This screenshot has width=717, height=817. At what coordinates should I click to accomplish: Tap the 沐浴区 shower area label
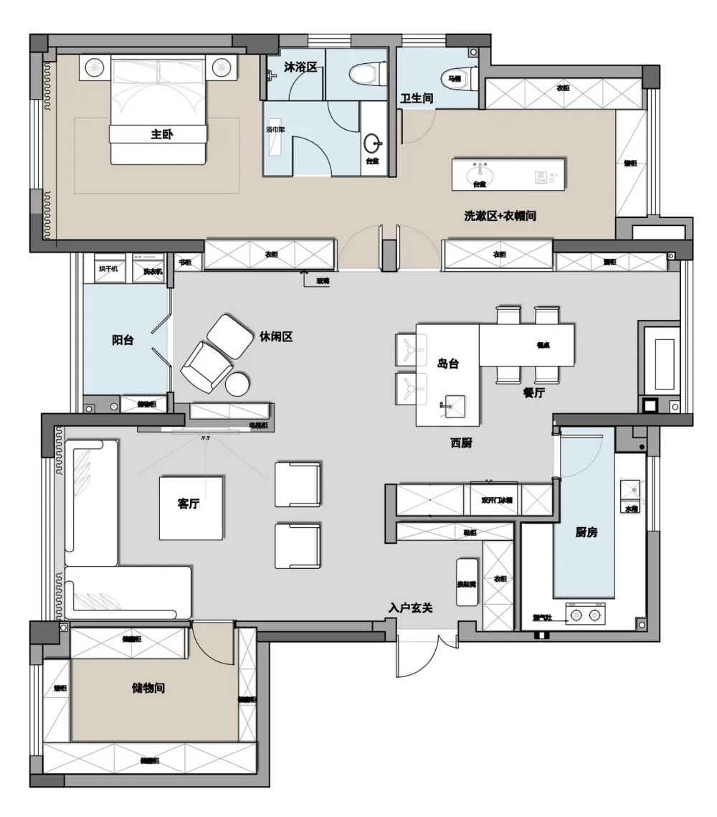pos(300,67)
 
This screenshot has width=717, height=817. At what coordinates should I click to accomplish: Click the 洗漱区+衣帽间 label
pos(500,215)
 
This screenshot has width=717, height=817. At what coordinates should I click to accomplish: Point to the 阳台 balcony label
pos(123,341)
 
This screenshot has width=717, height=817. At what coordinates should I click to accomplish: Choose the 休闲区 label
pos(276,336)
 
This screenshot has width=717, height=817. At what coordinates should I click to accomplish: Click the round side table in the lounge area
pos(237,385)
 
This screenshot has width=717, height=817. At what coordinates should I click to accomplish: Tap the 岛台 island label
pos(447,364)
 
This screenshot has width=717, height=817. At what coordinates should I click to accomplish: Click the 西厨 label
pos(461,443)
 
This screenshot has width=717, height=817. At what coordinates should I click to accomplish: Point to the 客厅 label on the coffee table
pos(188,504)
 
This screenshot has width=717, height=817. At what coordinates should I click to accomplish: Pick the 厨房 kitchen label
pos(586,532)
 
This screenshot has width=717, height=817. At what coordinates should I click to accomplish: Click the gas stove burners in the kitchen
pos(585,614)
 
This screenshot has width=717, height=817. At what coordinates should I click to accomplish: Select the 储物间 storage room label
pos(148,688)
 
